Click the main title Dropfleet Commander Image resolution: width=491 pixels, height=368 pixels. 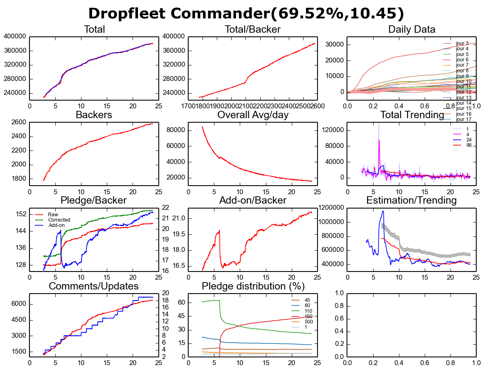(246, 13)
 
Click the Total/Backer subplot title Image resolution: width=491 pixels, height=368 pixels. (252, 29)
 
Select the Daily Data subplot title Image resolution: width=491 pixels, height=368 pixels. (412, 29)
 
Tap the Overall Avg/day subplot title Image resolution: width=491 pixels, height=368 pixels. (253, 115)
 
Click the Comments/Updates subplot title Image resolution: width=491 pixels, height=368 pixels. (94, 286)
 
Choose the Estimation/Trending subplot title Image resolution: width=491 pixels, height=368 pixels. (412, 200)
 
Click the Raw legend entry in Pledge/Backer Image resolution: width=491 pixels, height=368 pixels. (53, 214)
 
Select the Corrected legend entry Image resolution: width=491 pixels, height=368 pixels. (59, 220)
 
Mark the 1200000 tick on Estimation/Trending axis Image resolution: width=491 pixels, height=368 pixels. (331, 208)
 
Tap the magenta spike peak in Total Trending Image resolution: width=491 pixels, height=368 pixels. (379, 140)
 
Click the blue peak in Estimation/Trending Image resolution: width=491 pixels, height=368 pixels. (383, 211)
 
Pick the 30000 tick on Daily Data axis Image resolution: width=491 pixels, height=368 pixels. (334, 45)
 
